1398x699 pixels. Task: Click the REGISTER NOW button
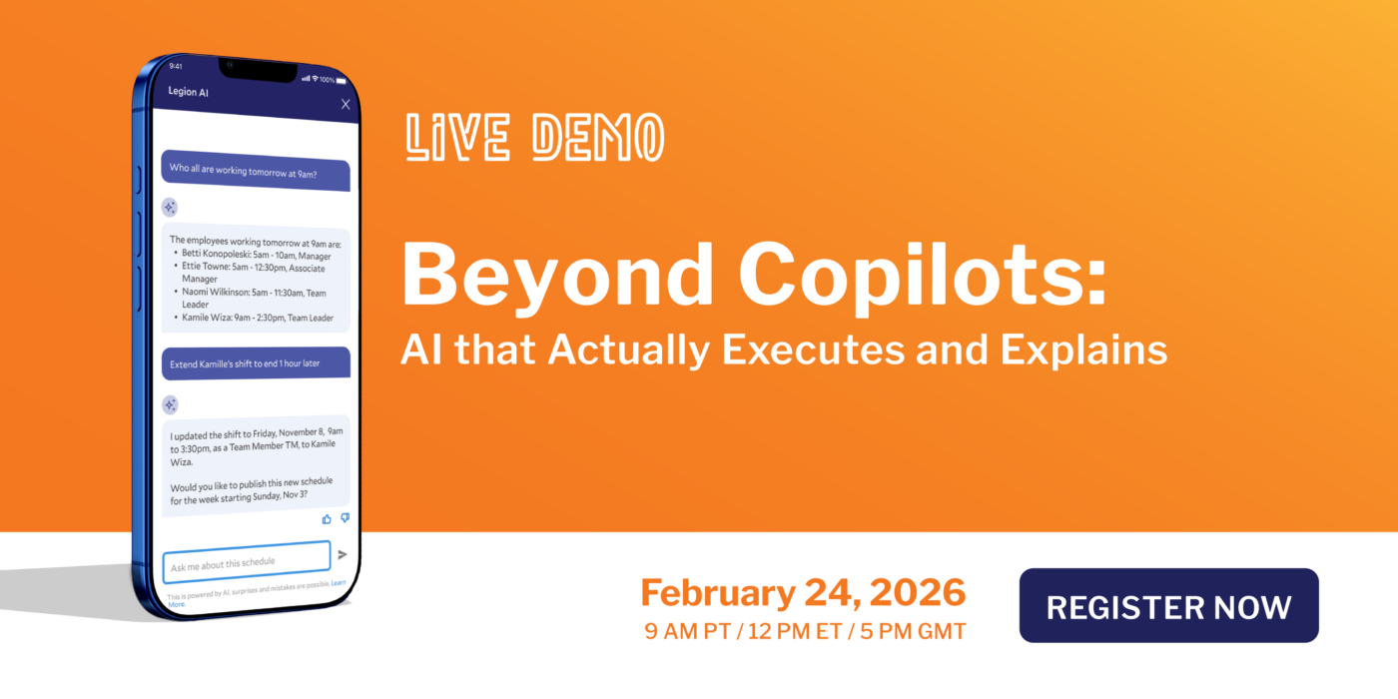click(1168, 606)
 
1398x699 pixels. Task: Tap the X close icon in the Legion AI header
click(346, 104)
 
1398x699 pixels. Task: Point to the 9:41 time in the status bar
click(176, 67)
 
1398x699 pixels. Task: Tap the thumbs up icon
click(327, 519)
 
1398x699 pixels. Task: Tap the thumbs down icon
click(345, 518)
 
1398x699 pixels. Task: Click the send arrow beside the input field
click(343, 554)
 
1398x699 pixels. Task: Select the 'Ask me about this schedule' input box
click(246, 562)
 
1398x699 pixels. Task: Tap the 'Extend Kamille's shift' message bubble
click(255, 362)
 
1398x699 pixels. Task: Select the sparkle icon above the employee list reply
click(170, 208)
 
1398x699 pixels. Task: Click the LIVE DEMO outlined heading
click(534, 138)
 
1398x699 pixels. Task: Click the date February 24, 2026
click(803, 592)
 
